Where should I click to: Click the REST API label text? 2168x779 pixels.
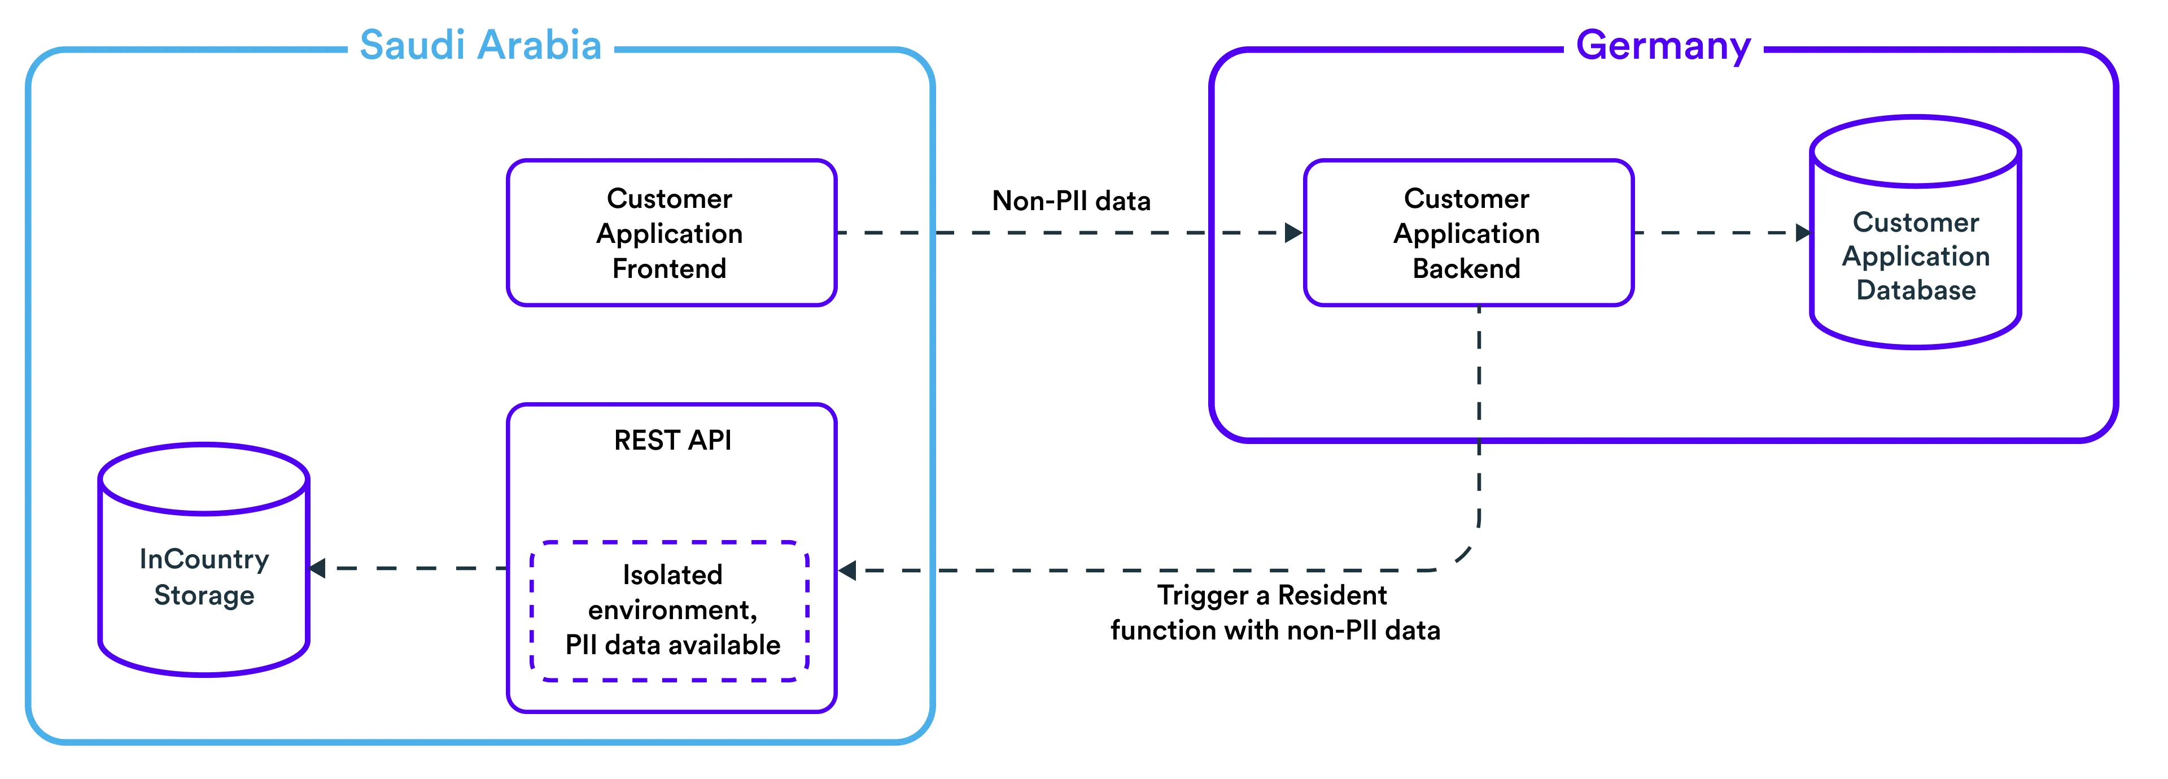tap(672, 441)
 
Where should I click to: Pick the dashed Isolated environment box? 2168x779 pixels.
tap(671, 611)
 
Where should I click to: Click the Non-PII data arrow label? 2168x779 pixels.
tap(1070, 201)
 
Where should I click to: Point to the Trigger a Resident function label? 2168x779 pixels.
tap(1274, 612)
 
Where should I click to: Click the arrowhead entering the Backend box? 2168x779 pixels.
tap(1293, 232)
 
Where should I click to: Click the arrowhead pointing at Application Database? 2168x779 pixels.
tap(1803, 232)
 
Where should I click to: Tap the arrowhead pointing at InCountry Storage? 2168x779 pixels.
tap(318, 568)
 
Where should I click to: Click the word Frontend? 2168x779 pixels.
tap(669, 269)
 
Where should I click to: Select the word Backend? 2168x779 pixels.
tap(1466, 269)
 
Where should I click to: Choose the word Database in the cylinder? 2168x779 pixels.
tap(1916, 290)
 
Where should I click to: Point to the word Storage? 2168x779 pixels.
tap(204, 595)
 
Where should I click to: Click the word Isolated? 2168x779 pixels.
tap(672, 575)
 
